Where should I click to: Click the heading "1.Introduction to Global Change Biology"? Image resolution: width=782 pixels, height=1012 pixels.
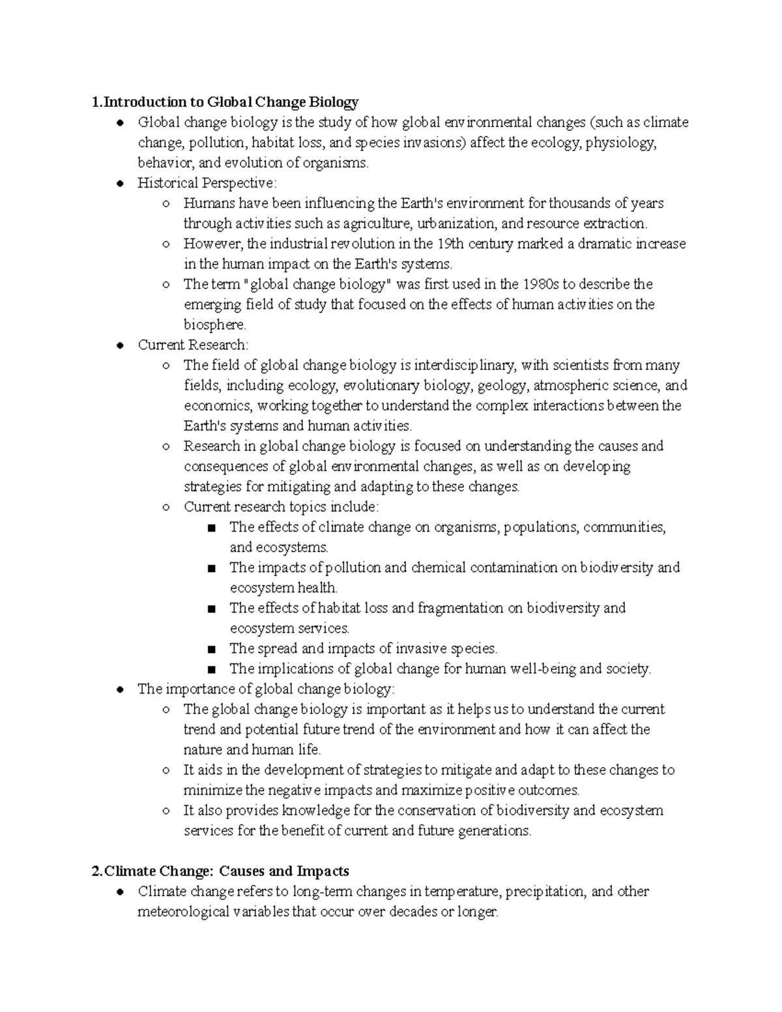point(225,102)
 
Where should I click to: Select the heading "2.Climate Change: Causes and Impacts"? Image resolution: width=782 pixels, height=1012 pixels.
point(220,871)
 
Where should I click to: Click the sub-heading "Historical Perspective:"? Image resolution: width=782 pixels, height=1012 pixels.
point(207,183)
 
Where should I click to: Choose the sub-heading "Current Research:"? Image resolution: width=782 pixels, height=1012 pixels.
point(193,345)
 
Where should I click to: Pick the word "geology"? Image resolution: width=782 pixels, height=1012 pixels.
point(500,385)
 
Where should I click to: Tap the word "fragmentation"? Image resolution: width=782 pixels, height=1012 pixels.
point(461,608)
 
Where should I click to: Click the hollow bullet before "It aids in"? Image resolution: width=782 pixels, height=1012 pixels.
point(166,770)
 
